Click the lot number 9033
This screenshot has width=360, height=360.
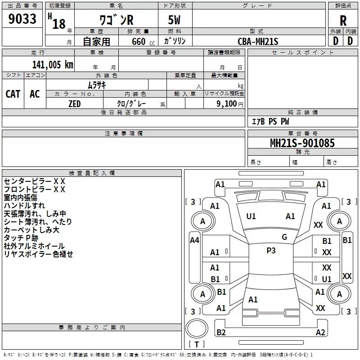coord(22,18)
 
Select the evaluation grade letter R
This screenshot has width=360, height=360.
coord(343,21)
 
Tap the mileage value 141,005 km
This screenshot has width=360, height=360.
coord(53,64)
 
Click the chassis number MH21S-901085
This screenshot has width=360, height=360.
coord(302,143)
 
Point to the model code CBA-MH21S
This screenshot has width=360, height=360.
coord(258,41)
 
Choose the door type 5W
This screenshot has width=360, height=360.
coord(174,20)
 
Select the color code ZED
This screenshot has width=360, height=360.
coord(75,104)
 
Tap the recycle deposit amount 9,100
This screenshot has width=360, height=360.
coord(227,104)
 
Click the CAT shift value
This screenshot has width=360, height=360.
coord(13,94)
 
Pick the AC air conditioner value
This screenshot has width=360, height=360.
coord(35,94)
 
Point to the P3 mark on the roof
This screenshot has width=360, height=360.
coord(271,251)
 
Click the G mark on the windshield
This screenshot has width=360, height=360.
coord(284,237)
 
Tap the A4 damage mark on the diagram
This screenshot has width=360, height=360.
coord(194,240)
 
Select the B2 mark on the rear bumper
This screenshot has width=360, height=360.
coord(221,332)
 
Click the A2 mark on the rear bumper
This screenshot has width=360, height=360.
coord(320,332)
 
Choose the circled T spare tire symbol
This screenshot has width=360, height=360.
coord(197,328)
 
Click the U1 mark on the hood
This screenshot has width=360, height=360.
coord(251,216)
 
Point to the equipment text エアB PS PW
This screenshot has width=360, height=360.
coord(270,121)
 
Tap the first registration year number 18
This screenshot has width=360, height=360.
coord(59,24)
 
